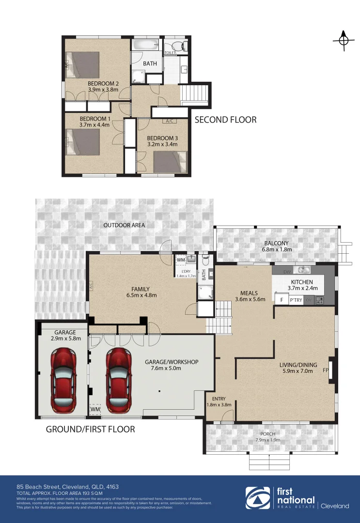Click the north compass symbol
click(x=343, y=41)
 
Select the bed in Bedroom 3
click(x=170, y=161)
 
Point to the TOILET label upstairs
click(x=170, y=52)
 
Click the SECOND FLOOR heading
click(x=225, y=119)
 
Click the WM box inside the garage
click(x=94, y=410)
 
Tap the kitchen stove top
click(x=320, y=300)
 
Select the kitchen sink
click(x=303, y=270)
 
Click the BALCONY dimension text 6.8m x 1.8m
click(x=276, y=249)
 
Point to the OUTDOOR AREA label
click(x=124, y=225)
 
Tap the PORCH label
click(x=268, y=434)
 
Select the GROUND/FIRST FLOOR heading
click(x=90, y=429)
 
